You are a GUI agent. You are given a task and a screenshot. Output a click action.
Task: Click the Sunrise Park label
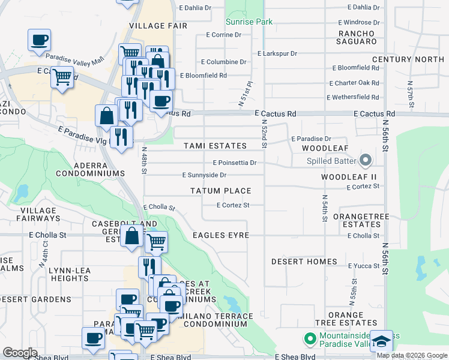tap(249, 22)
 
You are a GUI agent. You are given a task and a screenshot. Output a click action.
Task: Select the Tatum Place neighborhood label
tap(220, 191)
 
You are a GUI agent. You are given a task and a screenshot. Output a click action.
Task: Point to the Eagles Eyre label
tap(220, 235)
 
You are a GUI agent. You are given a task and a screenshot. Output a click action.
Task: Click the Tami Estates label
tap(215, 146)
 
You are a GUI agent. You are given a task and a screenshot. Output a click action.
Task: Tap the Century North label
tap(408, 59)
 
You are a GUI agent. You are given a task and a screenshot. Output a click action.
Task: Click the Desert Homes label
tap(304, 262)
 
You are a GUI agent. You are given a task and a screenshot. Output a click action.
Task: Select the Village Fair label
tap(158, 26)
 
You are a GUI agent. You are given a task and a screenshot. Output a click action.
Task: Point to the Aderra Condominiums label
tap(90, 169)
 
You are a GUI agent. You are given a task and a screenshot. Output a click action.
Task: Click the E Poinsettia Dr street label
tap(234, 163)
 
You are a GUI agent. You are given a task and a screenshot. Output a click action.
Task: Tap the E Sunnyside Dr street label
tap(204, 175)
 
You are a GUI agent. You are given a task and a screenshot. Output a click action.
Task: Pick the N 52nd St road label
tap(264, 133)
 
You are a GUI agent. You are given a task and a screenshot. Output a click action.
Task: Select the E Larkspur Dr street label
tap(277, 53)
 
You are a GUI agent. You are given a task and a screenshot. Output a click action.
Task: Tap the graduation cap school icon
tap(381, 341)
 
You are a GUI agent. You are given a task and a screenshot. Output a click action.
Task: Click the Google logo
tap(20, 353)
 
